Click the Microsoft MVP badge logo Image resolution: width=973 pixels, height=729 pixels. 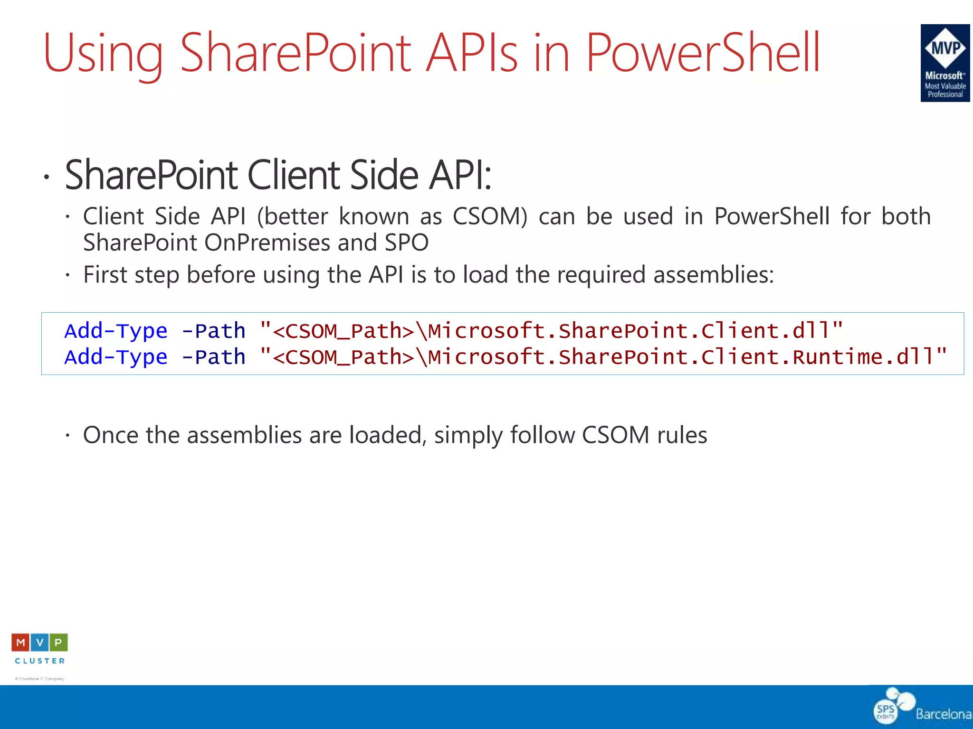pos(945,63)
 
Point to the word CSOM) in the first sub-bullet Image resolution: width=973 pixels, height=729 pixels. pos(490,216)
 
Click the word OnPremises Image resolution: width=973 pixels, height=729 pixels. pos(267,243)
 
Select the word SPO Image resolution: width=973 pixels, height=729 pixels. pos(407,243)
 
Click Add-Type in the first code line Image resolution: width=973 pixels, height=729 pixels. pos(116,331)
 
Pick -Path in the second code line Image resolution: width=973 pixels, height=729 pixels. pos(214,357)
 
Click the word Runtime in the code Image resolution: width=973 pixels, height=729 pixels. pos(837,357)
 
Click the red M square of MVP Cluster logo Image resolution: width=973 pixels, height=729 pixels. pos(20,643)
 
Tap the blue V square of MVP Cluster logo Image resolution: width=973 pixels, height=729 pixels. pos(40,643)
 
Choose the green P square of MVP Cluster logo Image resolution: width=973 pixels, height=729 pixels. pos(58,643)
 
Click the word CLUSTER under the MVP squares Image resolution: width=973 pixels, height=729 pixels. pos(40,661)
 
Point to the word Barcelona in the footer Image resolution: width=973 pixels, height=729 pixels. pos(943,714)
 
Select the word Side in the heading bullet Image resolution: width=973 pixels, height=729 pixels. pos(384,175)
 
